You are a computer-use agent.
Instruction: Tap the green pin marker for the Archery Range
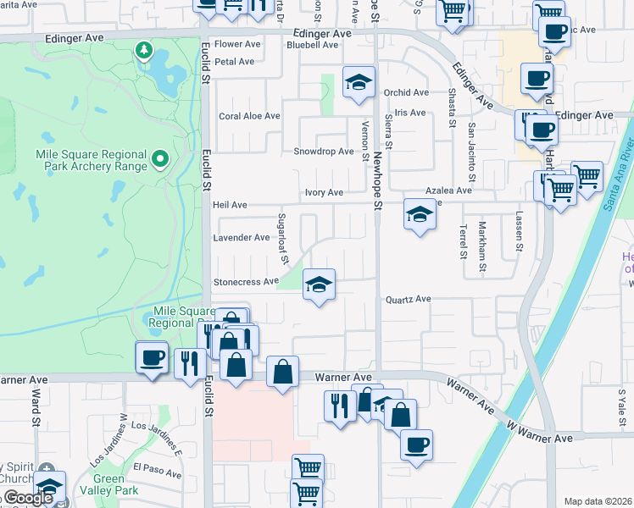coord(158,158)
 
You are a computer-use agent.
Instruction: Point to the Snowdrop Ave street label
coord(323,152)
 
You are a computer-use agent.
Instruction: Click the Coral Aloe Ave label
coord(249,116)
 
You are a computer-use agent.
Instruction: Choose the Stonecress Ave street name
coord(246,281)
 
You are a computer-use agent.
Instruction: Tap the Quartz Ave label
coord(409,299)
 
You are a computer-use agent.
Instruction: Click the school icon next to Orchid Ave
coord(359,83)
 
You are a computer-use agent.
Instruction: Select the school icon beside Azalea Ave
coord(419,215)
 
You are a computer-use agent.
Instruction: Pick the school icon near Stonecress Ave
coord(319,285)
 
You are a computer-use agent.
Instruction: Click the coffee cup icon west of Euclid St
coord(153,358)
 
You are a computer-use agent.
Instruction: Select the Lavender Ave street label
coord(242,238)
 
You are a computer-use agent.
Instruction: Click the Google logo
coord(28,498)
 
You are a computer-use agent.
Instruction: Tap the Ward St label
coord(36,407)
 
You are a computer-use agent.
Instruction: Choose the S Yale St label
coord(621,405)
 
